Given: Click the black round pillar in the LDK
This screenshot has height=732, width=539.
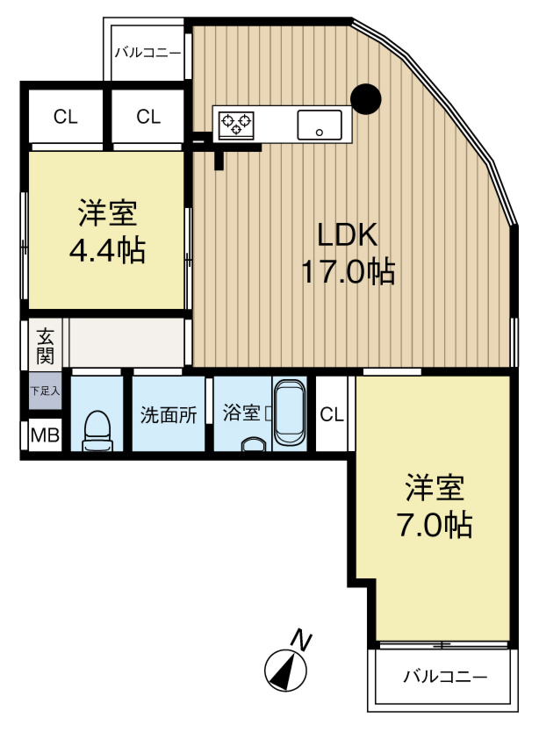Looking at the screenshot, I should click(x=365, y=98).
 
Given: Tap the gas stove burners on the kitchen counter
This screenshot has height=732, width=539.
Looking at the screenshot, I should click(x=235, y=125).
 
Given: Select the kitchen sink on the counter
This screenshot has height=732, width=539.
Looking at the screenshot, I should click(x=319, y=125).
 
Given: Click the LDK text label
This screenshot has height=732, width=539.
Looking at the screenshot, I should click(x=347, y=234).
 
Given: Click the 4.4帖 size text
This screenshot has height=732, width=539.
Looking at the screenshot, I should click(x=107, y=251).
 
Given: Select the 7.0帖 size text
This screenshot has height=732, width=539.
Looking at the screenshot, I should click(x=434, y=524).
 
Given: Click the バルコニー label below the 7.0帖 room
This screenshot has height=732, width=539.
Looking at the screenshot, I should click(x=444, y=677).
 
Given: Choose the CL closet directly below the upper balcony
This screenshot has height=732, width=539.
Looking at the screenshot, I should click(x=148, y=116).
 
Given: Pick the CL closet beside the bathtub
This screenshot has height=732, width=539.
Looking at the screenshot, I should click(x=332, y=414).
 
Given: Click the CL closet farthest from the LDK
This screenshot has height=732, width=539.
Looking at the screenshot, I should click(x=63, y=116).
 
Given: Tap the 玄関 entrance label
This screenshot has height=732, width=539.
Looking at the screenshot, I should click(x=45, y=345).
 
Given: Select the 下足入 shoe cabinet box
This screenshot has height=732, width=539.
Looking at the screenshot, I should click(x=45, y=391).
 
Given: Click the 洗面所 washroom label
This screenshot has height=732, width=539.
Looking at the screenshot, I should click(x=169, y=414).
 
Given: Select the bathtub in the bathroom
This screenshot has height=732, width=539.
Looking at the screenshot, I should click(x=288, y=414).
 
